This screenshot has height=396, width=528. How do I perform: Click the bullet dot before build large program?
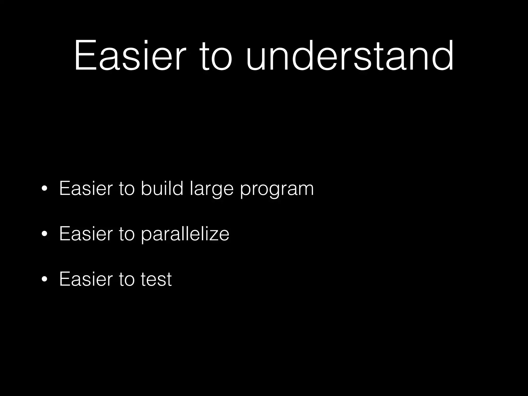[x=44, y=189]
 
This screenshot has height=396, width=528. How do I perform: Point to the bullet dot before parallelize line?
[x=44, y=234]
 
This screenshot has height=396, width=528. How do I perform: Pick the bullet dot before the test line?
[x=44, y=279]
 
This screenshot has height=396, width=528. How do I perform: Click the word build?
[x=162, y=188]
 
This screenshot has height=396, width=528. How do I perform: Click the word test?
[x=156, y=279]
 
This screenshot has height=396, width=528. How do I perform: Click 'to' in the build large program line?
[x=127, y=189]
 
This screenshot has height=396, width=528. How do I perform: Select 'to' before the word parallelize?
[x=127, y=234]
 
